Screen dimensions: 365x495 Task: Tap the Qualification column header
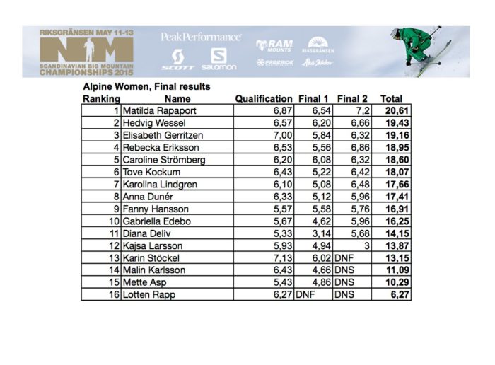pos(263,99)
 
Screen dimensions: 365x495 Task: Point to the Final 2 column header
pos(352,99)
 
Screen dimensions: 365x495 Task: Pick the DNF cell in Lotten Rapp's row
pos(305,294)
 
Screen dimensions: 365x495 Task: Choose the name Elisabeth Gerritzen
pos(162,135)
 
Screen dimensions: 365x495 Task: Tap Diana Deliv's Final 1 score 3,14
pos(318,233)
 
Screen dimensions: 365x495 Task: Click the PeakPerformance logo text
pos(201,37)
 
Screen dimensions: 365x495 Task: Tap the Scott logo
pos(178,59)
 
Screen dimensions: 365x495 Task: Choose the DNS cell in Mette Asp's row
pos(344,282)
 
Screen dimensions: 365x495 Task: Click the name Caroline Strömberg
pos(164,160)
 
